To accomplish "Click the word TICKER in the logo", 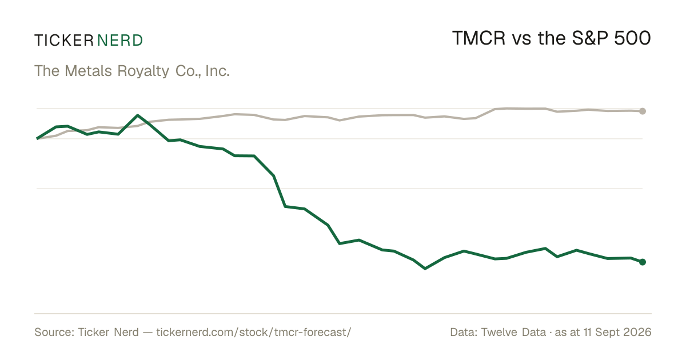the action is (64, 41).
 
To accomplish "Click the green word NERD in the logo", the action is (120, 41).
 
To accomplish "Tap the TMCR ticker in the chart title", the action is (478, 38).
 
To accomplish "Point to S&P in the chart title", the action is (590, 38).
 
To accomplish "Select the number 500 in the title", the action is (632, 38).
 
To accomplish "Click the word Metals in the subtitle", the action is (89, 71).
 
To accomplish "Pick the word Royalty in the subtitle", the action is (143, 71).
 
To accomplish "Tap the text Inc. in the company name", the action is (217, 71).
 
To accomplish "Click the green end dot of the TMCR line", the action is (643, 262).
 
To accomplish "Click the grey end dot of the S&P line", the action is (643, 111).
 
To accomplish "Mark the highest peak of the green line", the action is (138, 115).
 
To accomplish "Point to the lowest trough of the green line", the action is (425, 269).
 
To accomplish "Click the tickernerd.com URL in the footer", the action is (254, 332).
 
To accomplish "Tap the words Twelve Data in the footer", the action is (513, 332).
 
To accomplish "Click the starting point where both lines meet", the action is (37, 139).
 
